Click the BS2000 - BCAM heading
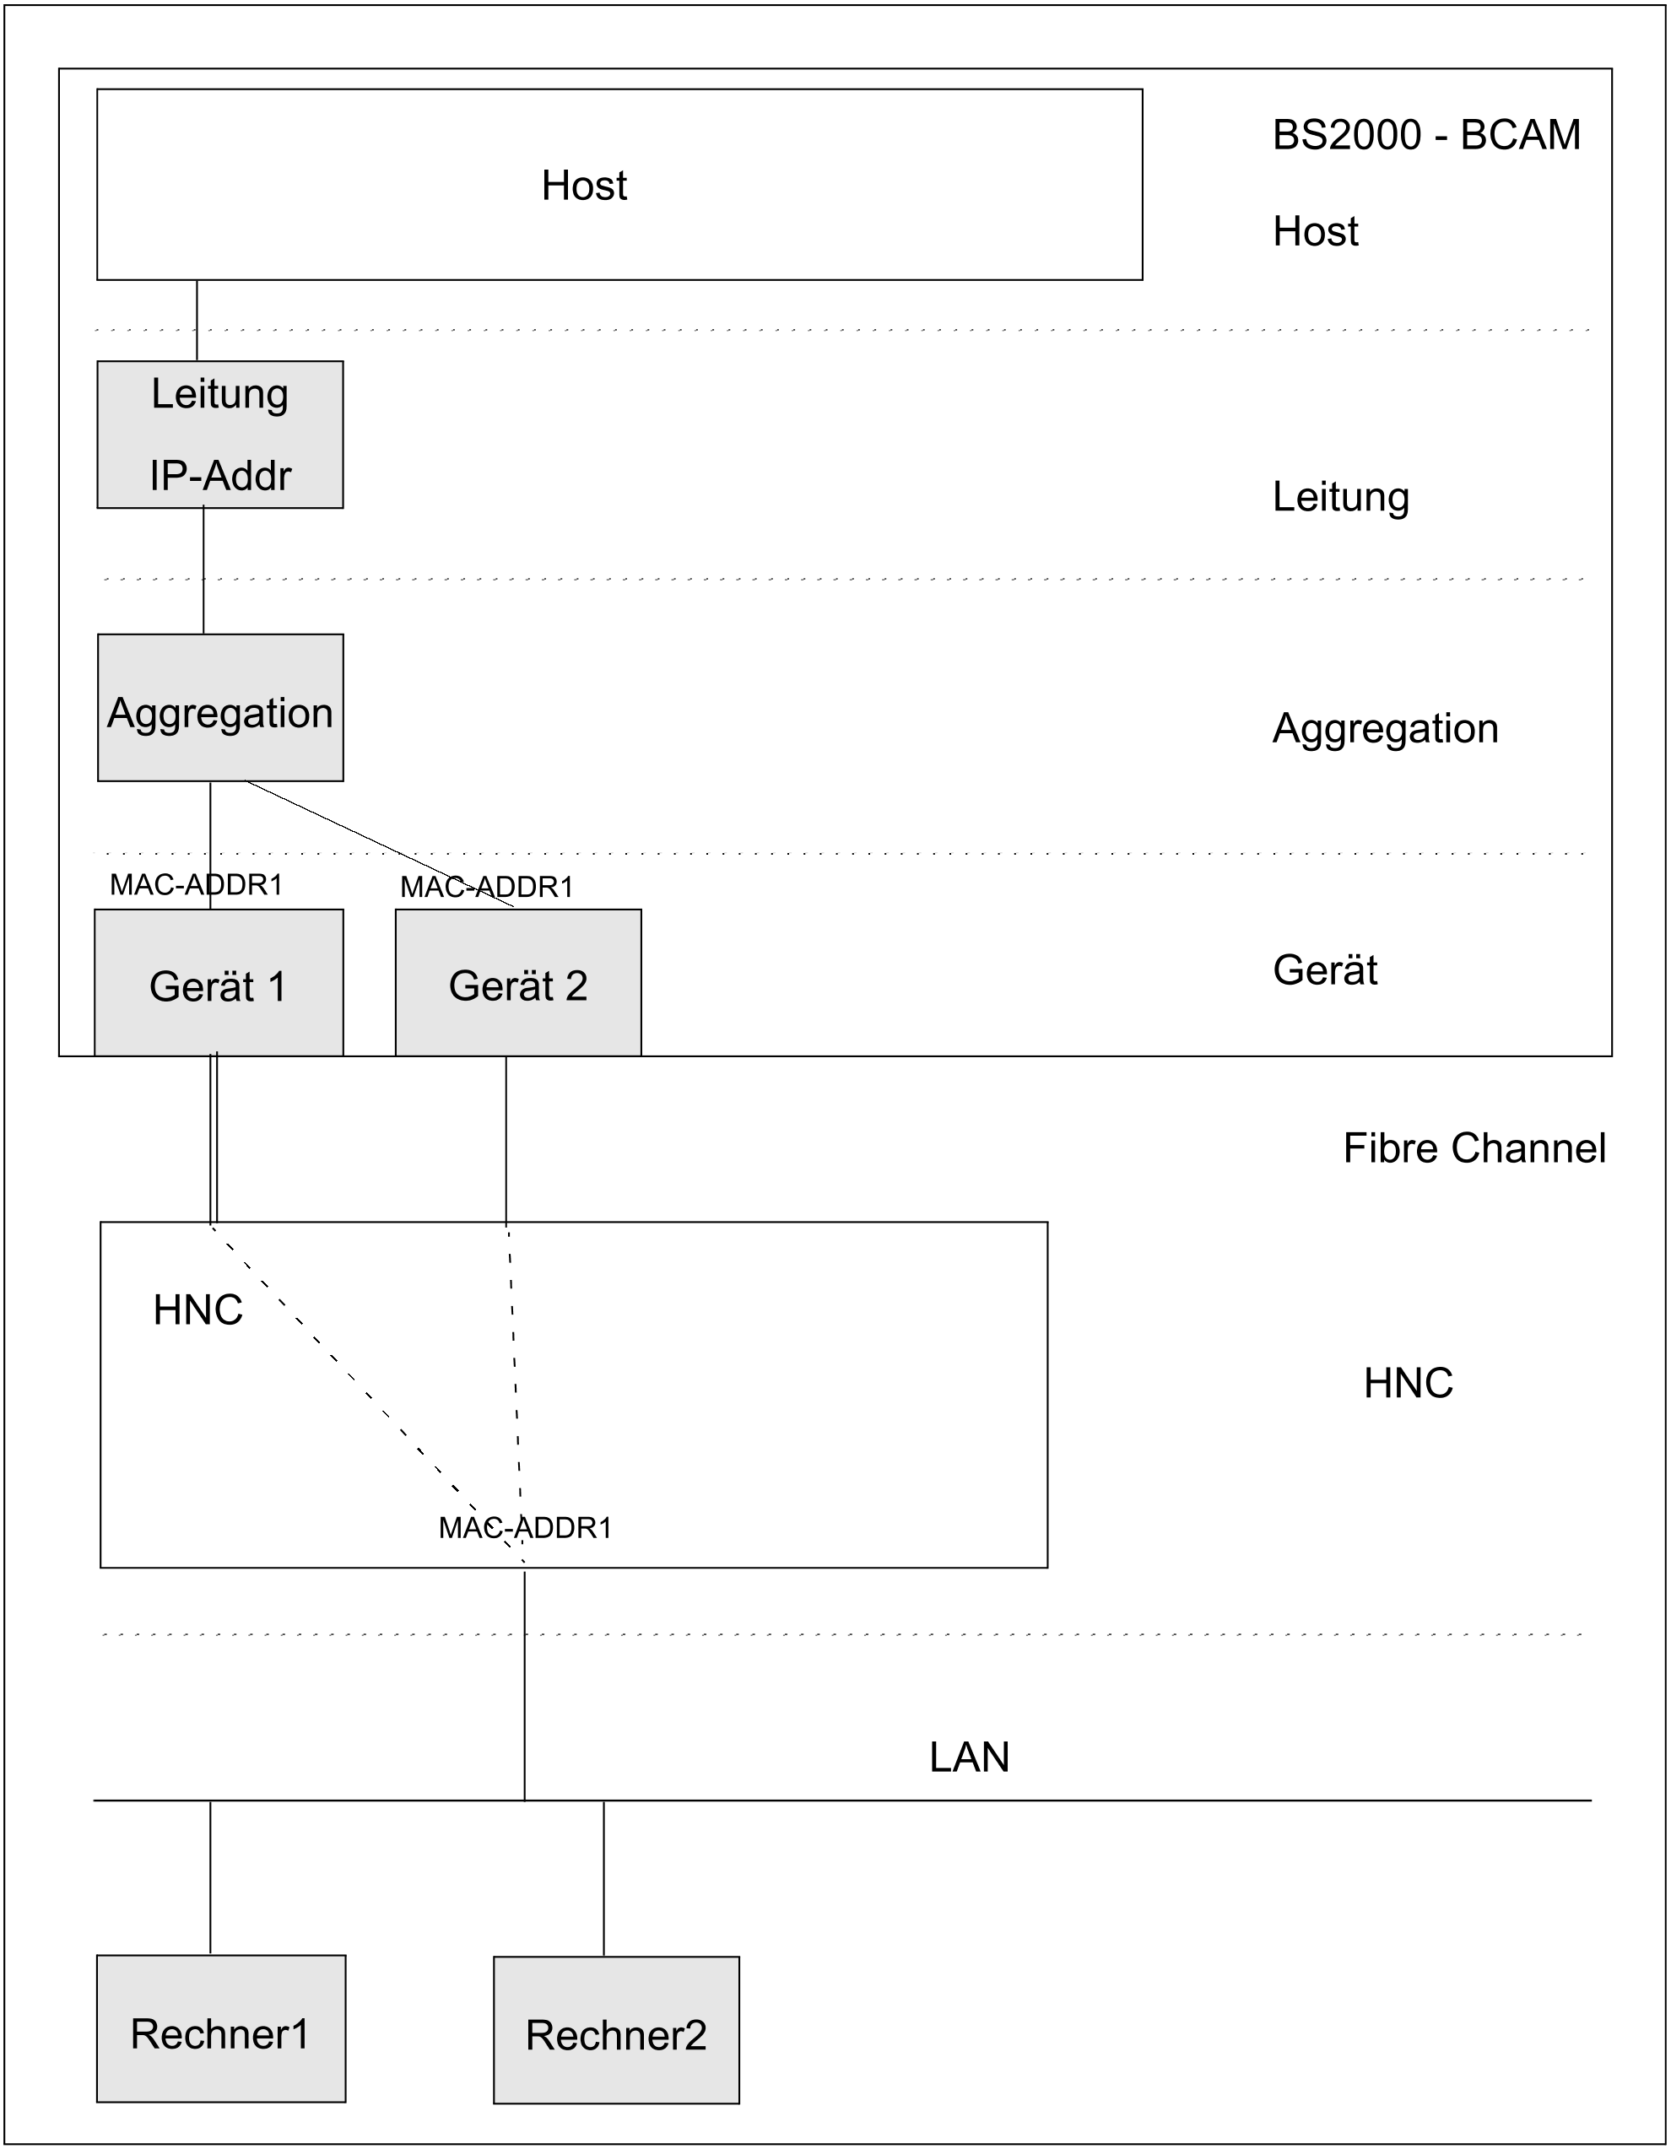1426,135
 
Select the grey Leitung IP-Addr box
220,434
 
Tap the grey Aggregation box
220,708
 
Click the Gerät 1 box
219,982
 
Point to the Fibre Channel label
1474,1148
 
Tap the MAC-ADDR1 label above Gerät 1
196,884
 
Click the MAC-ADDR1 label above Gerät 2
486,887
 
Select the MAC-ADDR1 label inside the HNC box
525,1527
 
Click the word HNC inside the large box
197,1310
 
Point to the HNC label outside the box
1409,1384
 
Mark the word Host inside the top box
585,185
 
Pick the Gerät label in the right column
1325,970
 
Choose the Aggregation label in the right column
1386,729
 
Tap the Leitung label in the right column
1340,497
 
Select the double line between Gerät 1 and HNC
214,1138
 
